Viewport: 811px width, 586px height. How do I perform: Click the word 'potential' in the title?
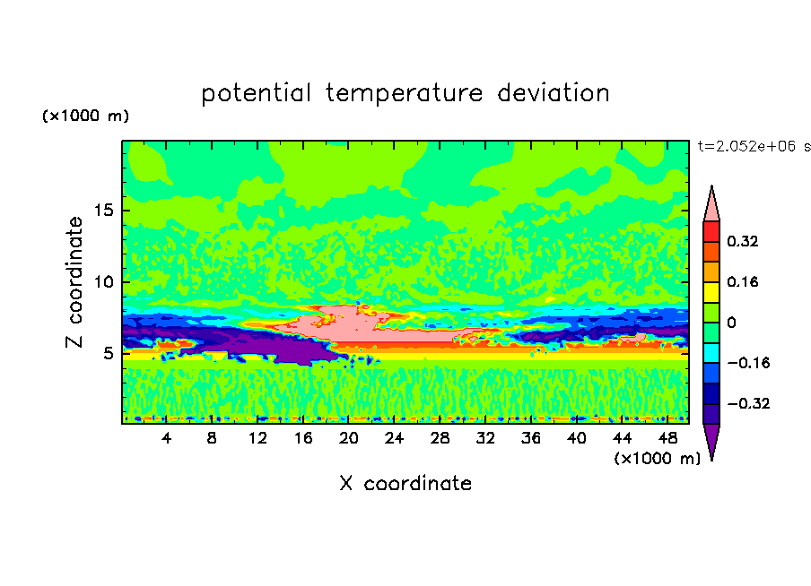click(x=256, y=94)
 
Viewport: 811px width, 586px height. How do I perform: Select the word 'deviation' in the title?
click(x=554, y=92)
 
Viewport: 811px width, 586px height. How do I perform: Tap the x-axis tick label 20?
click(x=349, y=438)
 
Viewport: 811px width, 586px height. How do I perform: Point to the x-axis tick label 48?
click(x=667, y=438)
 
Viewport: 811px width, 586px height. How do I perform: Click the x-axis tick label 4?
click(x=166, y=438)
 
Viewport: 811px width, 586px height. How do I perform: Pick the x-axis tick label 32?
click(x=485, y=438)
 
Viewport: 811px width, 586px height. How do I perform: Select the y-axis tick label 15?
click(x=104, y=211)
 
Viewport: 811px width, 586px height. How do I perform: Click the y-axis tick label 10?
click(x=104, y=281)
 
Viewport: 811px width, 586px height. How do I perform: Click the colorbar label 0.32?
click(x=742, y=241)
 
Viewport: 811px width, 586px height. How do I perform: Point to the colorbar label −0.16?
click(x=748, y=363)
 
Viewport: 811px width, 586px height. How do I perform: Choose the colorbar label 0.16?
click(x=742, y=281)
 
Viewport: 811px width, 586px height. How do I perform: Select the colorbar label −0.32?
click(x=748, y=403)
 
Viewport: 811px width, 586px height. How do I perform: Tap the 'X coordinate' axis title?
click(x=405, y=483)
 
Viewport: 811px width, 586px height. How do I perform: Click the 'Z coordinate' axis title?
click(x=74, y=281)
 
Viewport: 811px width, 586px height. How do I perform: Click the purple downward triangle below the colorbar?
click(x=711, y=442)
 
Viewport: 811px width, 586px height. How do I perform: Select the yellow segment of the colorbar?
click(x=711, y=292)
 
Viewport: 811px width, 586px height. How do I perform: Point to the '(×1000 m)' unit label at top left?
click(x=85, y=116)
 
